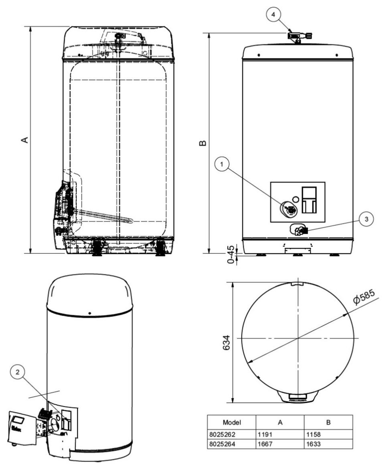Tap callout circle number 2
tap(18, 372)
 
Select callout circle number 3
tap(367, 219)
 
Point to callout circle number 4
tap(273, 14)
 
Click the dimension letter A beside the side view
tap(25, 140)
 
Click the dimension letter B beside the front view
tap(203, 143)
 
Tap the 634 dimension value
tap(226, 342)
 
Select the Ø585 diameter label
tap(364, 297)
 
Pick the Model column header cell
tap(231, 422)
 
